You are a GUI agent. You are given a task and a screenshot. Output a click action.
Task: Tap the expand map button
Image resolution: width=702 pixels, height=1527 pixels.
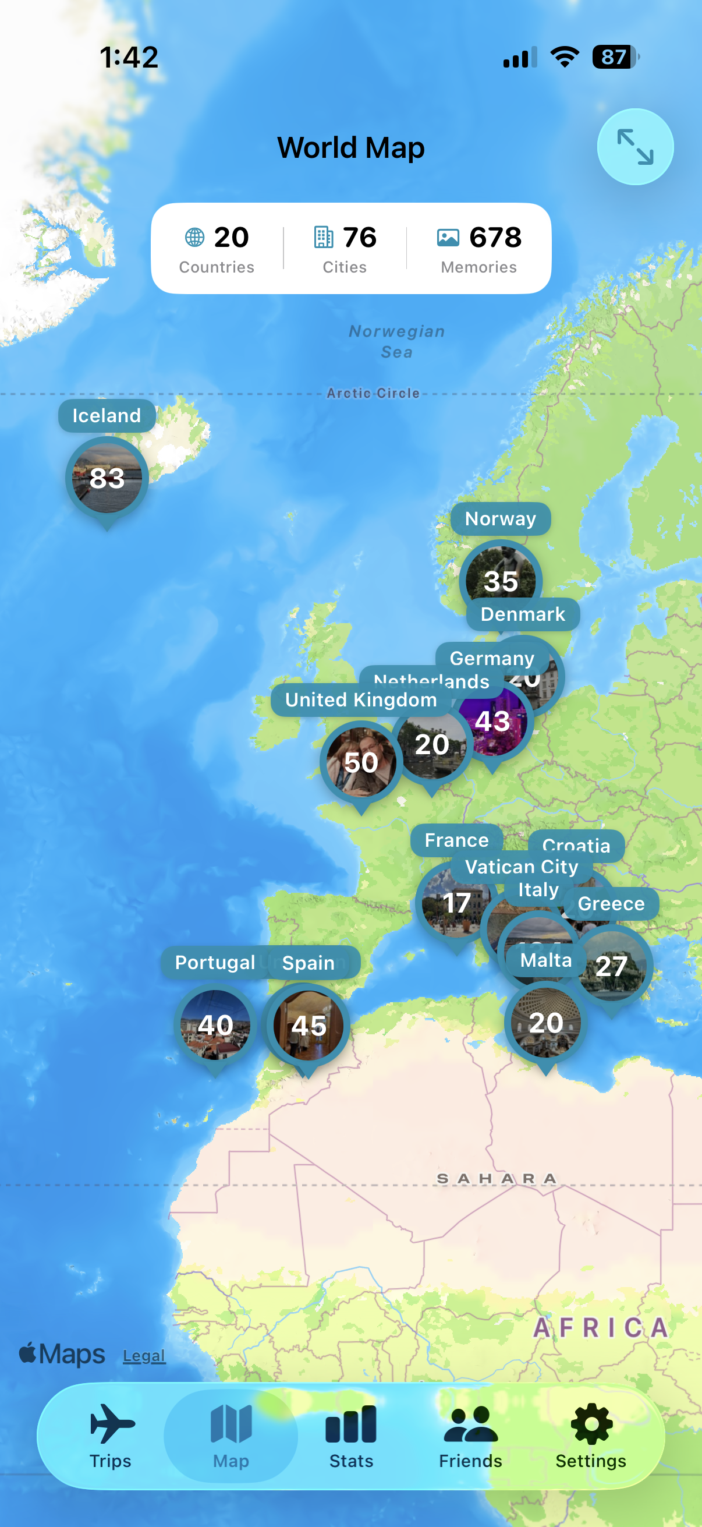coord(634,146)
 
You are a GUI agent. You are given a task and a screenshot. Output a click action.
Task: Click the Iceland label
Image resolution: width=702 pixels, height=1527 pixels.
coord(107,416)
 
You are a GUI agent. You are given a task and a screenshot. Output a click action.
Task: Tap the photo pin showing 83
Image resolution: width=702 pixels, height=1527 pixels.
coord(107,478)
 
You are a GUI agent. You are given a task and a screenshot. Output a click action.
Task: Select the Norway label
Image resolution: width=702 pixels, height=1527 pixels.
coord(501,519)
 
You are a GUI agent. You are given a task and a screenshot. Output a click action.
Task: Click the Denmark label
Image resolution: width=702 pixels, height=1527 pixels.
coord(523,614)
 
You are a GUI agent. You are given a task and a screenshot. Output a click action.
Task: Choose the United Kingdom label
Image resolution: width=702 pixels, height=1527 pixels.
coord(361,699)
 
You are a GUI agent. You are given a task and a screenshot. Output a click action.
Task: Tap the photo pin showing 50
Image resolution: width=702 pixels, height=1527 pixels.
coord(361,762)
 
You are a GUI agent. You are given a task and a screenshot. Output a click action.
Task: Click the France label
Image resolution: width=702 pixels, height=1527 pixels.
coord(456,840)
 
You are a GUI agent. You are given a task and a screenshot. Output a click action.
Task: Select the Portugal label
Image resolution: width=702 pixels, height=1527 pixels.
coord(215,962)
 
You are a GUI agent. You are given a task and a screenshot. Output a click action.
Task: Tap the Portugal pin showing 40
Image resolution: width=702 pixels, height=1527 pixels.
coord(215,1025)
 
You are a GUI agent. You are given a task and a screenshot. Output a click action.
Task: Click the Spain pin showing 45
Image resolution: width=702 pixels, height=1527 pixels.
coord(308,1026)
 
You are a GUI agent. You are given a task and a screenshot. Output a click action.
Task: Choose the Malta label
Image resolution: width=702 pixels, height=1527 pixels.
coord(545,960)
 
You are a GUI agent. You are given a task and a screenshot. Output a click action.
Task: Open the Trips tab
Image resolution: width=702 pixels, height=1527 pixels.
coord(111,1435)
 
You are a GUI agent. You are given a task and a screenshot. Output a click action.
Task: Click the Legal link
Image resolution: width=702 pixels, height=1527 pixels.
coord(144,1356)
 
